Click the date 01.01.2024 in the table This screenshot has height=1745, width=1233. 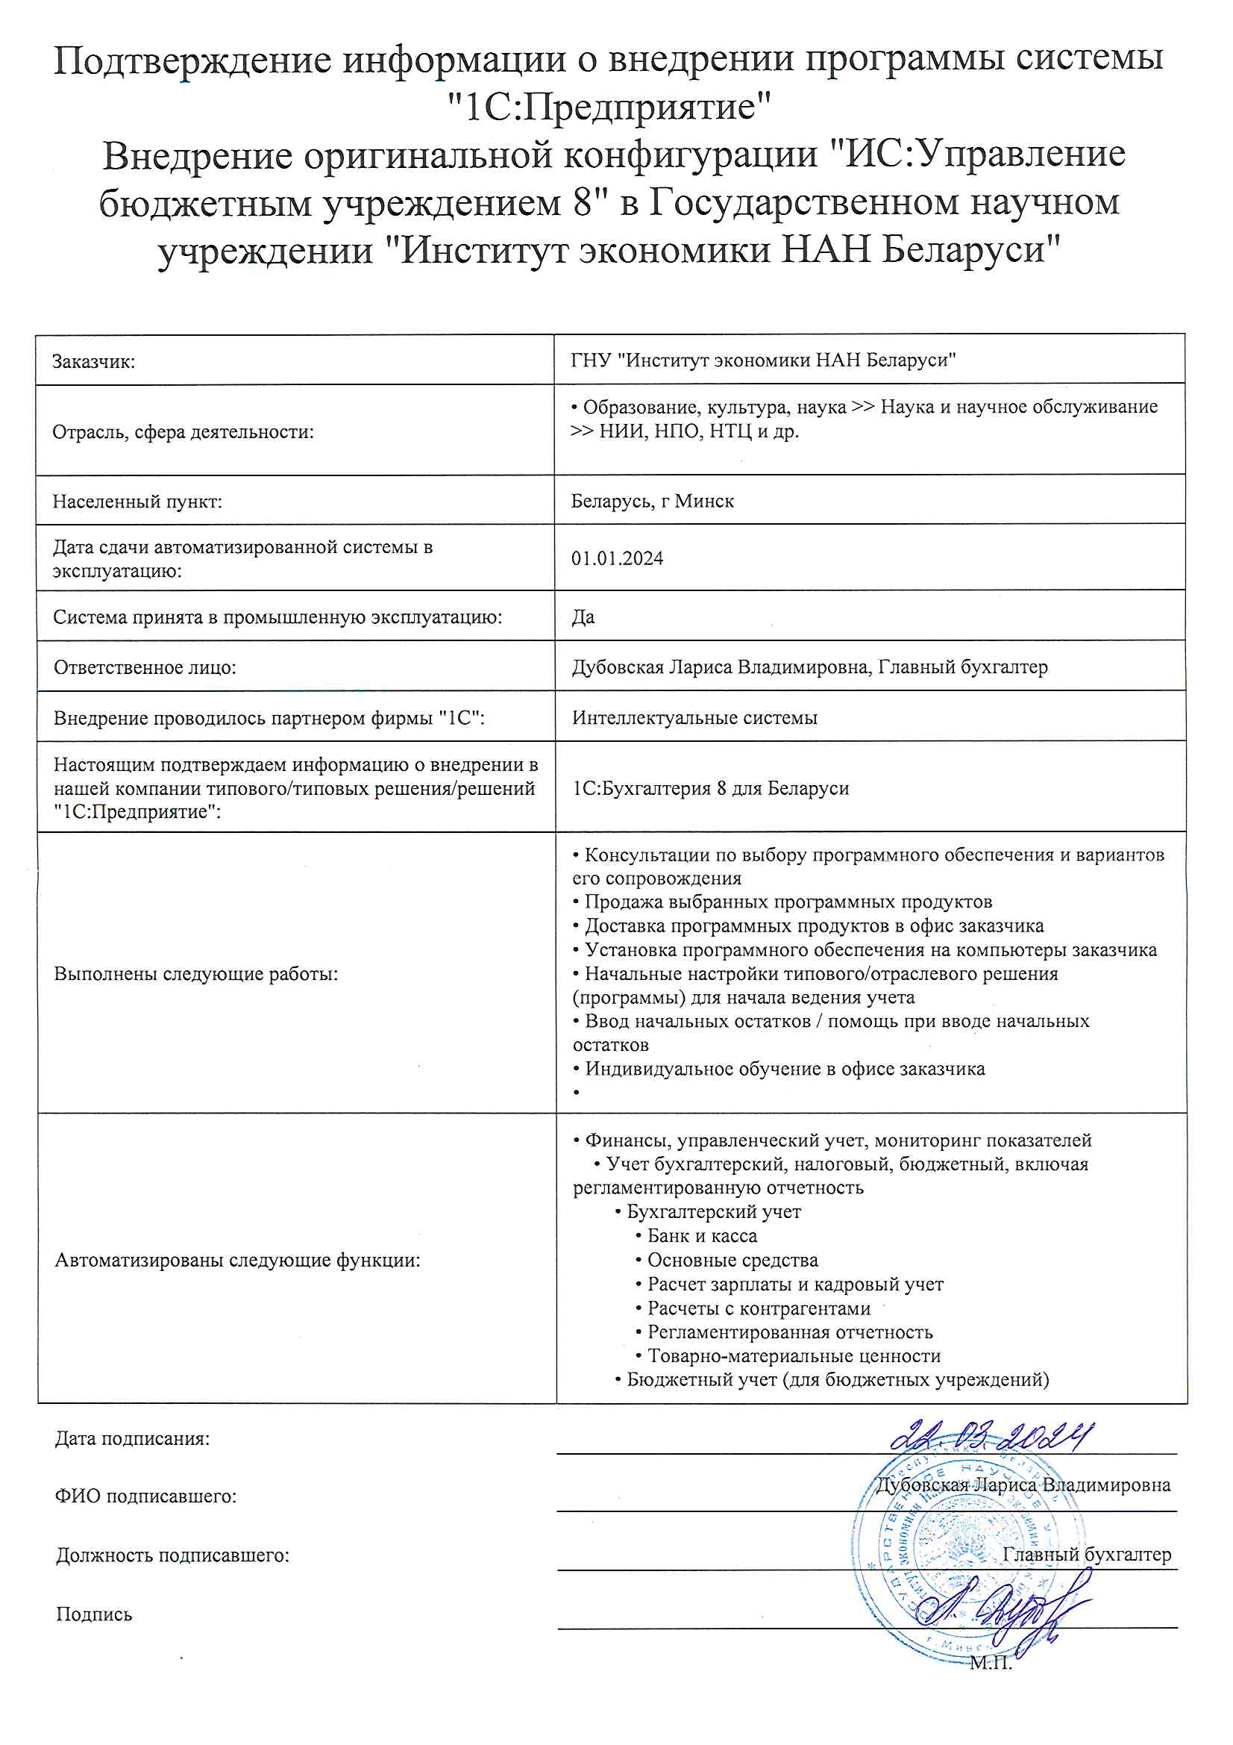pos(617,558)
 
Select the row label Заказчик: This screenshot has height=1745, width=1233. pos(93,362)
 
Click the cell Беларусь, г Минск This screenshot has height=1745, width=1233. pos(652,502)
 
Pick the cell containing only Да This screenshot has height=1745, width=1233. pos(583,617)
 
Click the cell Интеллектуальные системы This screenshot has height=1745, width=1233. pos(694,717)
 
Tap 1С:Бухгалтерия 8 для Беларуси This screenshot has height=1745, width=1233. pos(710,788)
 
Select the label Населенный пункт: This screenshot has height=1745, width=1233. pos(137,502)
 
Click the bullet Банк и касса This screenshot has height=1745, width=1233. pos(701,1237)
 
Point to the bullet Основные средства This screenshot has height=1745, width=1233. pos(732,1261)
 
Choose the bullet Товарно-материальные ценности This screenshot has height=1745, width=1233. pos(793,1357)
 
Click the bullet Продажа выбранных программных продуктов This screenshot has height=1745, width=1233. pos(787,902)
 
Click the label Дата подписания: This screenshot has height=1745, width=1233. pos(132,1439)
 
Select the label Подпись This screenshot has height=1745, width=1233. pos(94,1614)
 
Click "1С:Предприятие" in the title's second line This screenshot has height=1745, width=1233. pos(609,107)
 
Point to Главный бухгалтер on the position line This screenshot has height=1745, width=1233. pos(1086,1555)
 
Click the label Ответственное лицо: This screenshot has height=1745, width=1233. pos(145,667)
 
